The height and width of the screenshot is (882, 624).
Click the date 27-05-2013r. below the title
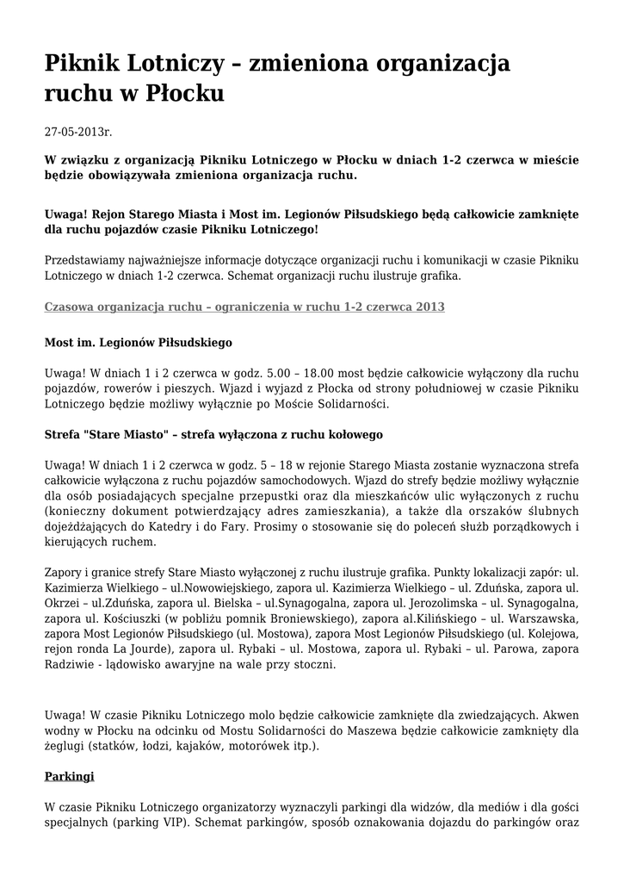coord(78,133)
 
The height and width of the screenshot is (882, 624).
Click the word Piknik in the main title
coord(83,64)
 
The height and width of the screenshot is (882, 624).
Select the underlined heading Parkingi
coord(69,776)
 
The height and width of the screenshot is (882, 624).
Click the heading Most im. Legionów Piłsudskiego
coord(139,343)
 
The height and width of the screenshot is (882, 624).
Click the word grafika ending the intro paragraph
coord(438,276)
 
